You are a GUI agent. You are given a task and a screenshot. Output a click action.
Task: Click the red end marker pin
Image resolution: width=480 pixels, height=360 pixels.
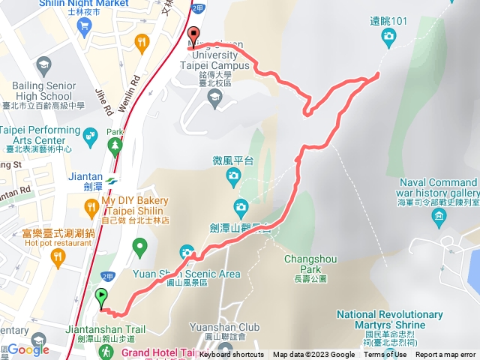coord(193,34)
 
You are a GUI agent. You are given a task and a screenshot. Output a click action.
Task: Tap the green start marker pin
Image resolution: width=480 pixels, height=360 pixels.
coord(102,297)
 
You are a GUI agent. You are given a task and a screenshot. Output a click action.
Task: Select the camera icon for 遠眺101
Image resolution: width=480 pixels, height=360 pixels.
coord(388,35)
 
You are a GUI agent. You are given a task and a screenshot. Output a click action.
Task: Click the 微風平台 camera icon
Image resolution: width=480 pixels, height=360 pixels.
coord(233,177)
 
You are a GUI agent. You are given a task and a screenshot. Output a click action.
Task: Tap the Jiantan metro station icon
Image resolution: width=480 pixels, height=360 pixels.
coord(112,180)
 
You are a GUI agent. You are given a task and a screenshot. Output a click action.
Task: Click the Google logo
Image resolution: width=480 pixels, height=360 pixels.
coord(28,349)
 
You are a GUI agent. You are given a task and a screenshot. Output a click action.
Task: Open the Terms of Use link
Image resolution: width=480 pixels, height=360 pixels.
coord(386,355)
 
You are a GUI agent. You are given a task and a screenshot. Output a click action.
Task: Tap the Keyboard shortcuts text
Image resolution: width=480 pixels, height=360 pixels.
coord(232,355)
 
